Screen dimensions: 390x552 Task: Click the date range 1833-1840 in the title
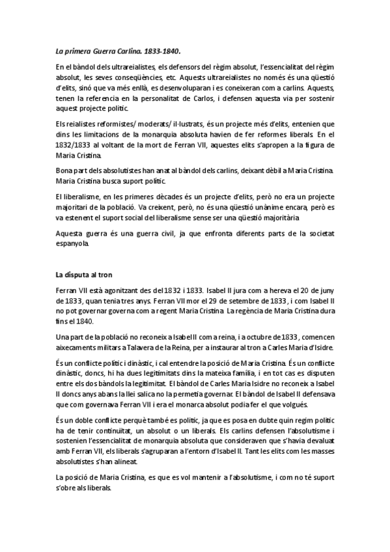click(161, 49)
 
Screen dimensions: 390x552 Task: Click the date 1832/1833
click(72, 144)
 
